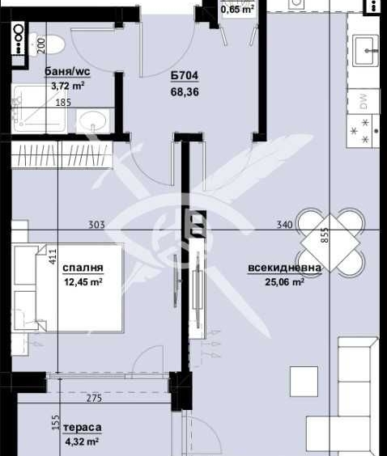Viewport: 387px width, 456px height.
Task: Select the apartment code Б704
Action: [x=184, y=78]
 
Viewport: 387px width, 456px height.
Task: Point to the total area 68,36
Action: [x=184, y=92]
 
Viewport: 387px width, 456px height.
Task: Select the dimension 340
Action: [x=284, y=225]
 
